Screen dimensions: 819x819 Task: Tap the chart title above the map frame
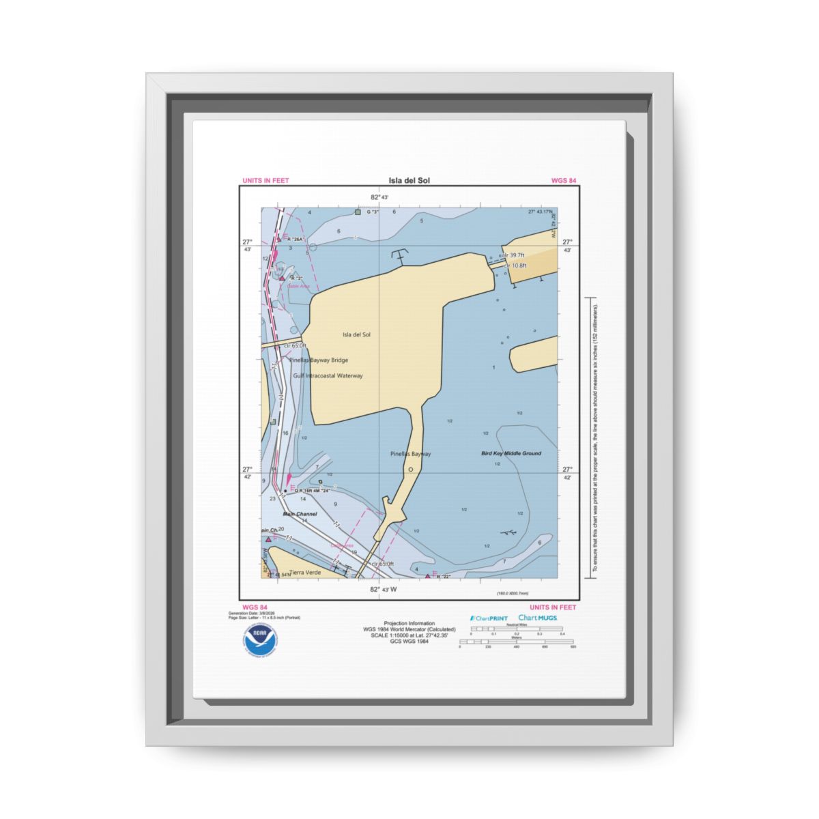pos(409,181)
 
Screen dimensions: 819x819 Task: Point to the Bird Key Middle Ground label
pos(511,453)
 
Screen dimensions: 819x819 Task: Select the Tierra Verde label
pos(305,572)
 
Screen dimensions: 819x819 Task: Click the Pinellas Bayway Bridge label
pos(318,360)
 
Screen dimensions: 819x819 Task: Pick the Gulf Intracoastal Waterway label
pos(328,376)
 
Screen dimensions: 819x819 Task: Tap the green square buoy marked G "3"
pos(358,212)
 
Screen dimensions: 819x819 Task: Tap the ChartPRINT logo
pos(489,618)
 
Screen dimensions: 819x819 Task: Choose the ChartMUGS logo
pos(538,618)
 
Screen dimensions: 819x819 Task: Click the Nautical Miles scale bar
pos(516,629)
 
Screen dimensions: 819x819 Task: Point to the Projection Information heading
pos(409,623)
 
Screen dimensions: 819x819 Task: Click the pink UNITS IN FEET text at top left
pos(265,181)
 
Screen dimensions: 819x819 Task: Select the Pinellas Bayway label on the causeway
pos(410,454)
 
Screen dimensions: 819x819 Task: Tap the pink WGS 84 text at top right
pos(564,181)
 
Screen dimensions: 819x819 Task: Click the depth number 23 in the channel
pos(273,499)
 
